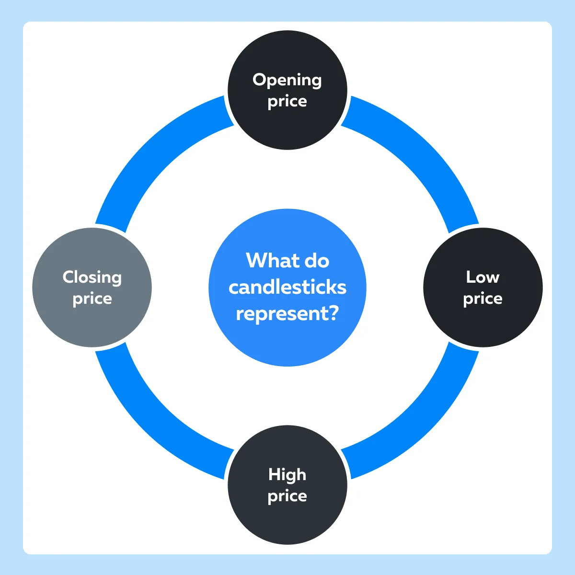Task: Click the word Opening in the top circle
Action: coord(287,80)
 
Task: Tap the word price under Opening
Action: coord(287,102)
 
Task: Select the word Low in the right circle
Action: coord(483,277)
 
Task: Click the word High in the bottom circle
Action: coord(287,474)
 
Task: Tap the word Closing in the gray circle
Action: coord(92,278)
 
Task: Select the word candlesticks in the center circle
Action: coord(287,287)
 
